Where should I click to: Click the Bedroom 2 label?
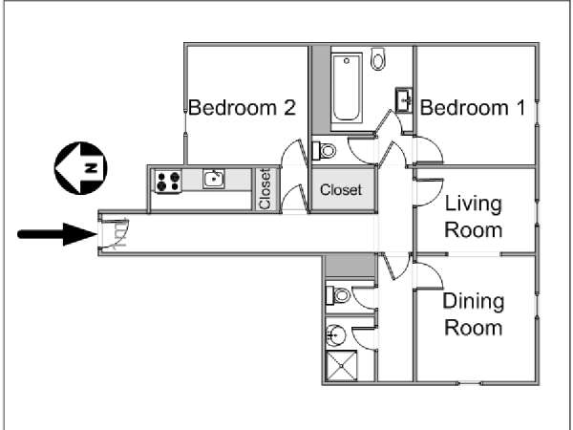click(242, 107)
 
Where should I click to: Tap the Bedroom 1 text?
click(473, 107)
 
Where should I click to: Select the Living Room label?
click(474, 217)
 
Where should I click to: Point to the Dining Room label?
click(474, 314)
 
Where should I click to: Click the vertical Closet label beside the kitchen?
click(265, 189)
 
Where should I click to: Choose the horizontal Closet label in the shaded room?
click(341, 190)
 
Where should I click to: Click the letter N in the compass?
click(91, 168)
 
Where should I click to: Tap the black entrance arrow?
click(57, 234)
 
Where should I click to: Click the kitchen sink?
click(214, 179)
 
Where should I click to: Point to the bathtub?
click(347, 88)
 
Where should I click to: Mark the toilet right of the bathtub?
click(378, 58)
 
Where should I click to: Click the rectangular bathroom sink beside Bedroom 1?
click(404, 99)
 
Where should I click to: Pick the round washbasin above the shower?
click(335, 335)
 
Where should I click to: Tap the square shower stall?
click(341, 366)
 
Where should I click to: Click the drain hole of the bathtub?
click(347, 61)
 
